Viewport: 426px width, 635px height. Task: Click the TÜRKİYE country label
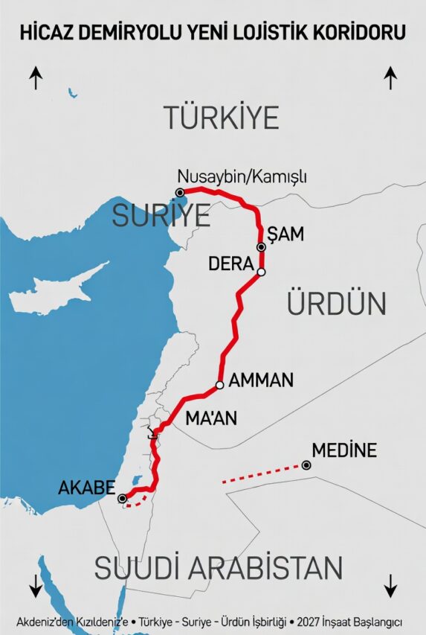(222, 118)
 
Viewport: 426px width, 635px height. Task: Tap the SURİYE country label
(161, 216)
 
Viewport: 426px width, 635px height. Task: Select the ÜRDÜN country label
(336, 304)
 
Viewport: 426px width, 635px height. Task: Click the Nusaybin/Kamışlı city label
(242, 177)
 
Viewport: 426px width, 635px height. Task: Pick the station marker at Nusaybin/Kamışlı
(180, 192)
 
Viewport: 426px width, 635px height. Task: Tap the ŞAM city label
(286, 234)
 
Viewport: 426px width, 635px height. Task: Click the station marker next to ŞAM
(261, 247)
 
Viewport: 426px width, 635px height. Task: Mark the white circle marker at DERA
(261, 272)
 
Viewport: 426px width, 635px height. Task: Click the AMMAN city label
(261, 380)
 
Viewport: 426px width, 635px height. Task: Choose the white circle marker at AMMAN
(219, 386)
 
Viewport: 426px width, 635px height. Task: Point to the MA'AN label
(211, 419)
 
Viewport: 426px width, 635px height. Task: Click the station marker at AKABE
(122, 499)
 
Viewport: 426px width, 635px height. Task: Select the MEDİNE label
(344, 450)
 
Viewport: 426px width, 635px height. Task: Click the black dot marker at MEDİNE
(306, 465)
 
